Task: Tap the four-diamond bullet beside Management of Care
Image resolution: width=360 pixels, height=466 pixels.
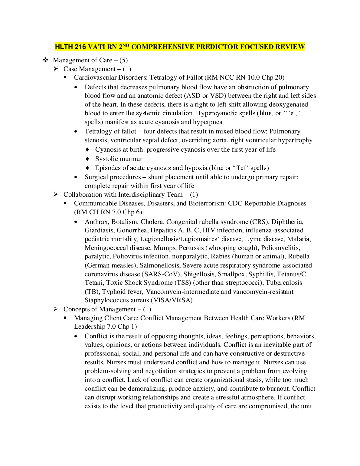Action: point(46,60)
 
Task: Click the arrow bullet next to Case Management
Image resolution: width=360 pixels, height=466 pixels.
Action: point(56,69)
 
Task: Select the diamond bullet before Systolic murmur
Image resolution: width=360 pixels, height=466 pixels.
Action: point(88,159)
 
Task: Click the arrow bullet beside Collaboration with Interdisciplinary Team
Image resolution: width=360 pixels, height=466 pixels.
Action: point(56,194)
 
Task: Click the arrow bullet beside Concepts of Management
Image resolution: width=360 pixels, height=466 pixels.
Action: point(56,309)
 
